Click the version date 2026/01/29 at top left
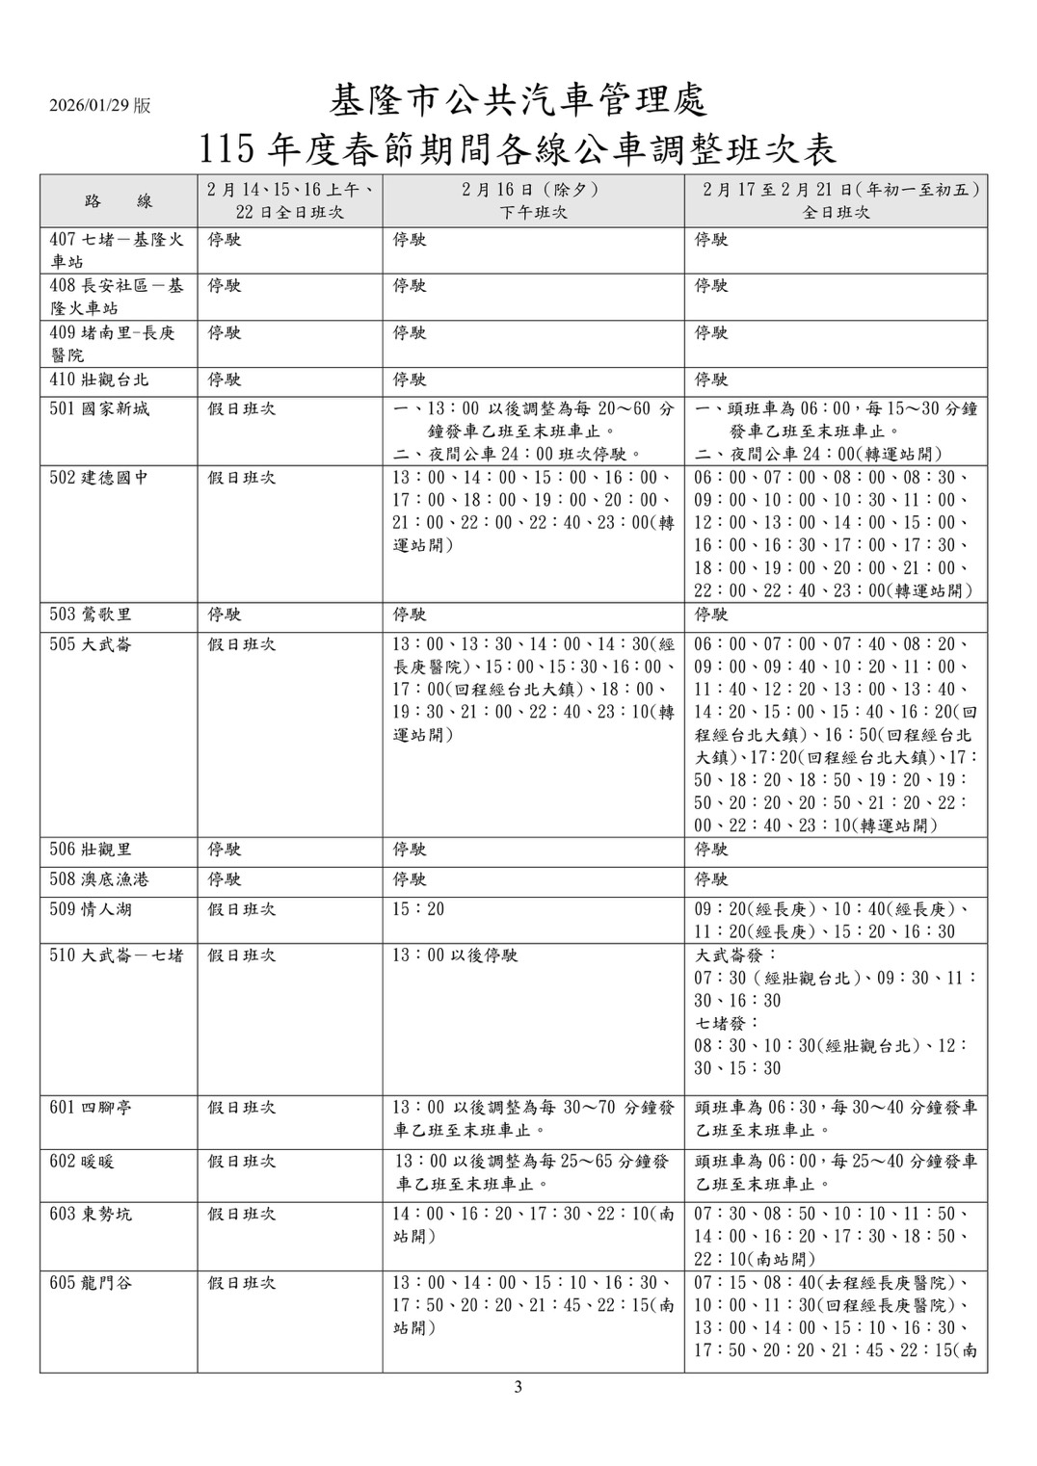[100, 106]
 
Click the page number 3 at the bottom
[518, 1387]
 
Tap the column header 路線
[119, 201]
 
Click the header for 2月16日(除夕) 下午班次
[533, 201]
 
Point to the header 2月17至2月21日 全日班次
[836, 201]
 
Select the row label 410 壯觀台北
[100, 380]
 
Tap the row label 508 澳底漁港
[100, 879]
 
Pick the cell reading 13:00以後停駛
[455, 956]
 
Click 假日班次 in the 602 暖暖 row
[242, 1162]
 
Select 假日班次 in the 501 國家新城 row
[242, 408]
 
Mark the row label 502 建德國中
[100, 477]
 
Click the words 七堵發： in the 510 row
[728, 1023]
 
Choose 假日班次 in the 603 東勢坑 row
[242, 1215]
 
